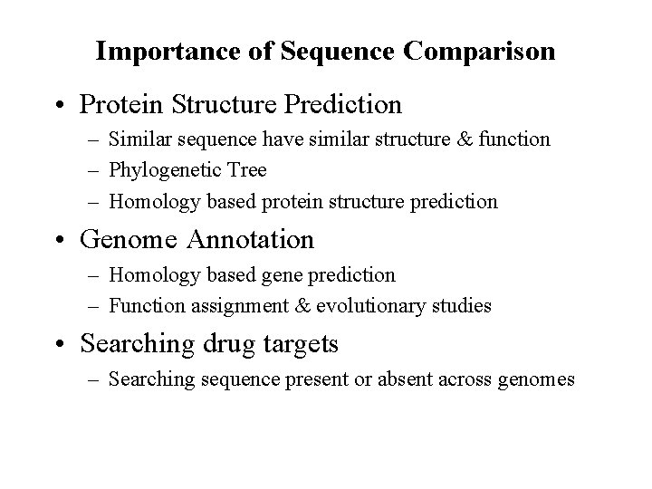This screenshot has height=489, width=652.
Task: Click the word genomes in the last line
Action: point(536,379)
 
